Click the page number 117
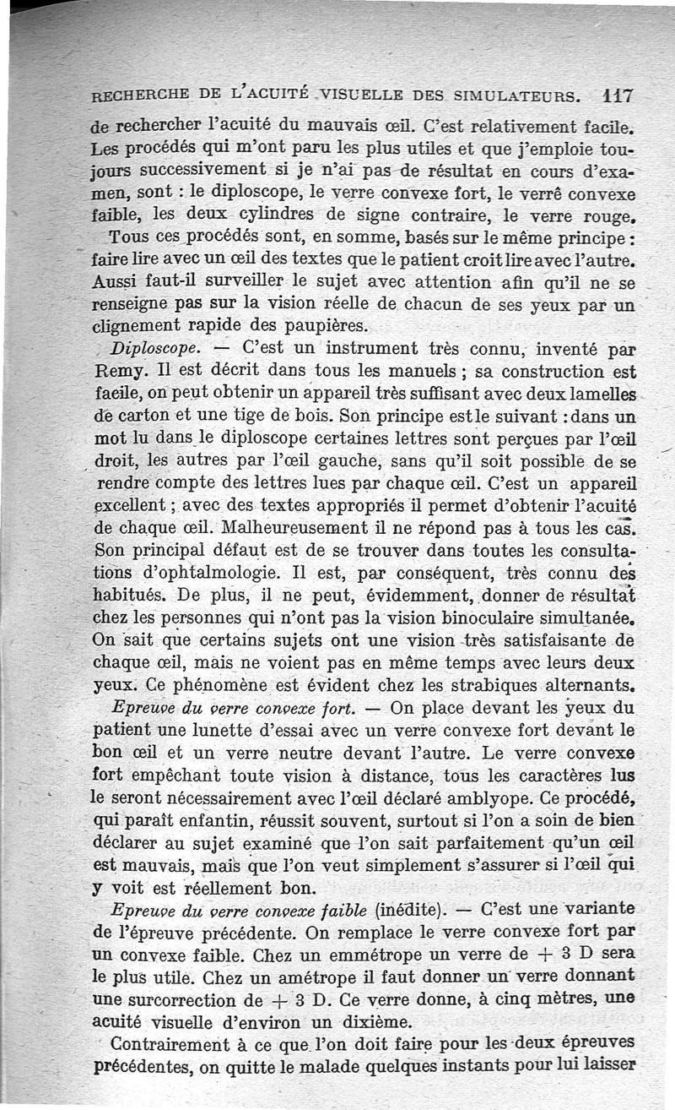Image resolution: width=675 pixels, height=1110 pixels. (x=618, y=95)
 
